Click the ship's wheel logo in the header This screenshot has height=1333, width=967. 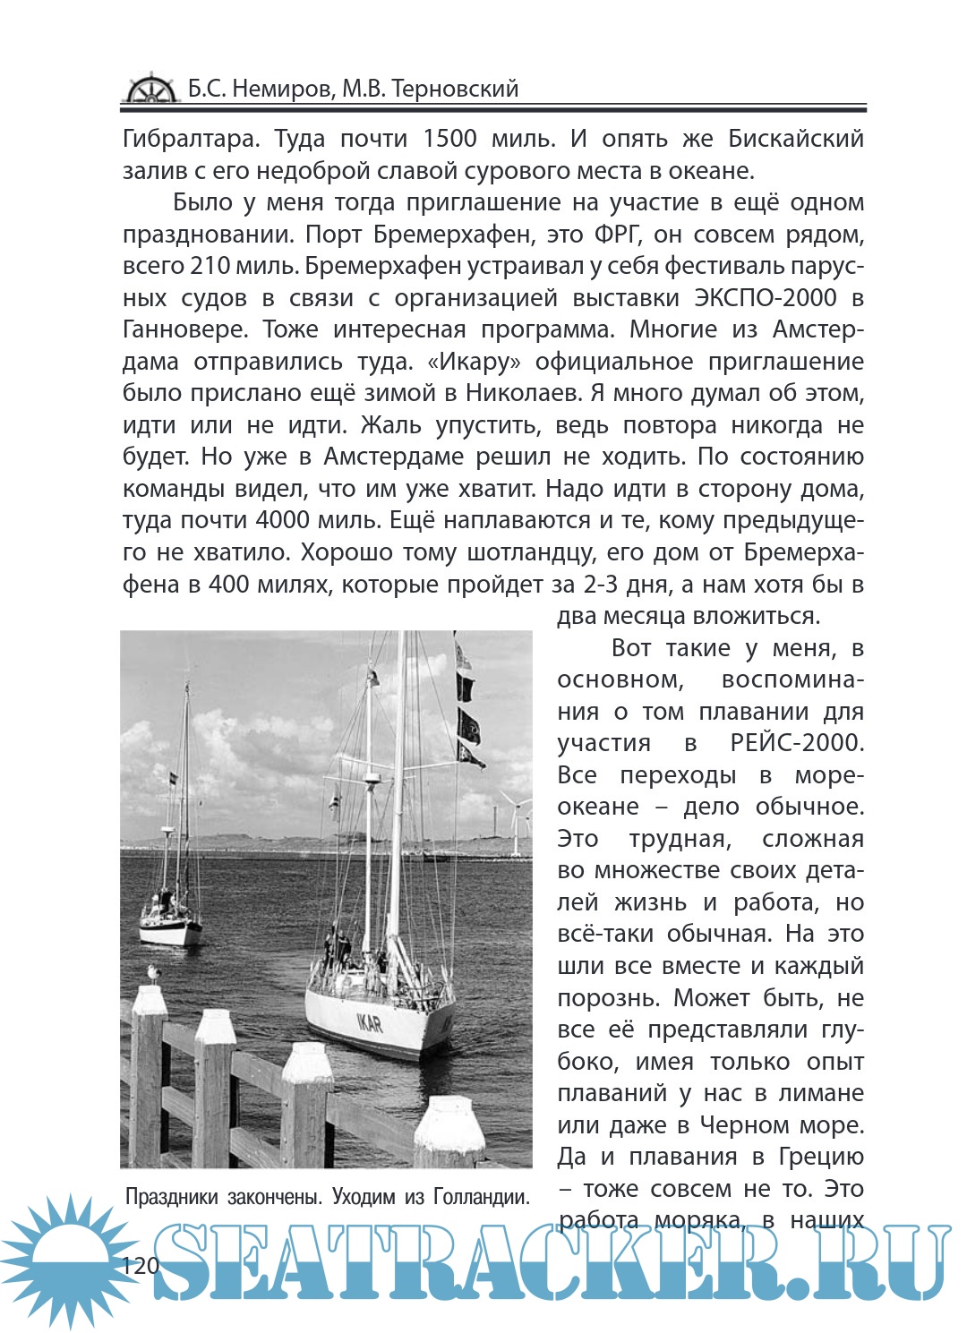pos(150,89)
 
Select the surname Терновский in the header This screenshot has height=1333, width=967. pos(455,89)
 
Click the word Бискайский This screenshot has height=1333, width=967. pos(796,139)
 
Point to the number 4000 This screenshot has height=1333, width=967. pos(288,521)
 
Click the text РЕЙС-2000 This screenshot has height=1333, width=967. pos(796,743)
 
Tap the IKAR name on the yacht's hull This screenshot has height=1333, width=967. pos(370,1022)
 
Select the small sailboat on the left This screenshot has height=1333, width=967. pos(170,913)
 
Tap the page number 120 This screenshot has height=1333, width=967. pos(140,1265)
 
